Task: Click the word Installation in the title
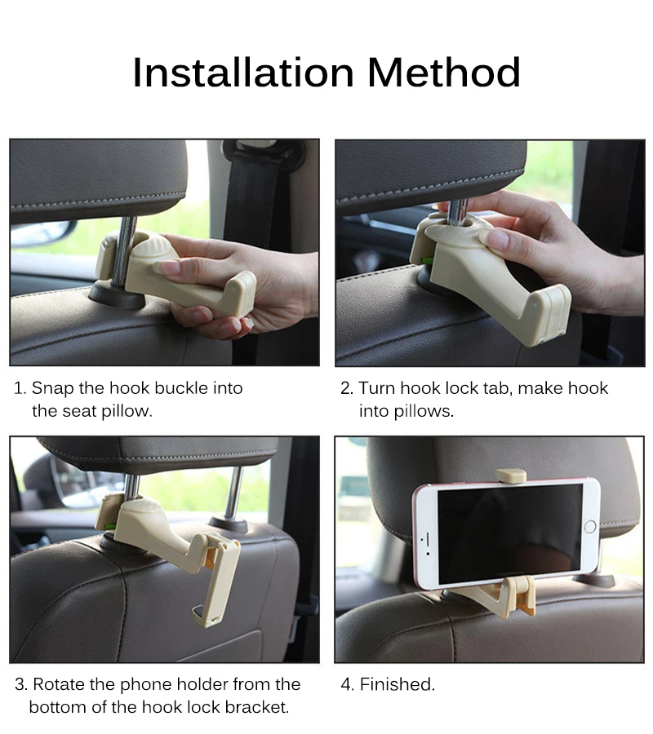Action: [x=243, y=73]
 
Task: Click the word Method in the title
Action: [x=444, y=73]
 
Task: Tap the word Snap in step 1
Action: [x=52, y=388]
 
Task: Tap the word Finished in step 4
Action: [x=398, y=684]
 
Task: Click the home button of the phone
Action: [x=590, y=526]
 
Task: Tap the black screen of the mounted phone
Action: [x=510, y=534]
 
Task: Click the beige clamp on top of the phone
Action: [x=510, y=475]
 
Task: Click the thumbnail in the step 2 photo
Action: [x=499, y=239]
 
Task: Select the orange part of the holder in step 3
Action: [x=211, y=558]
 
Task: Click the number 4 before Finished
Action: [x=346, y=684]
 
